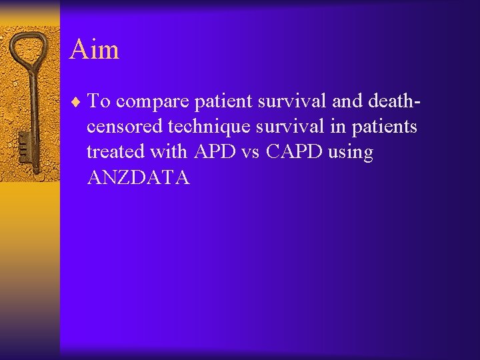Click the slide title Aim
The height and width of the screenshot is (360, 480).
coord(94,49)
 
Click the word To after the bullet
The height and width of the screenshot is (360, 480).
coord(100,101)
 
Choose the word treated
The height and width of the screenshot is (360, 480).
coord(115,152)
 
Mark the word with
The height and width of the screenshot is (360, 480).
coord(169,152)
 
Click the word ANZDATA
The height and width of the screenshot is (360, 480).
coord(138,177)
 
